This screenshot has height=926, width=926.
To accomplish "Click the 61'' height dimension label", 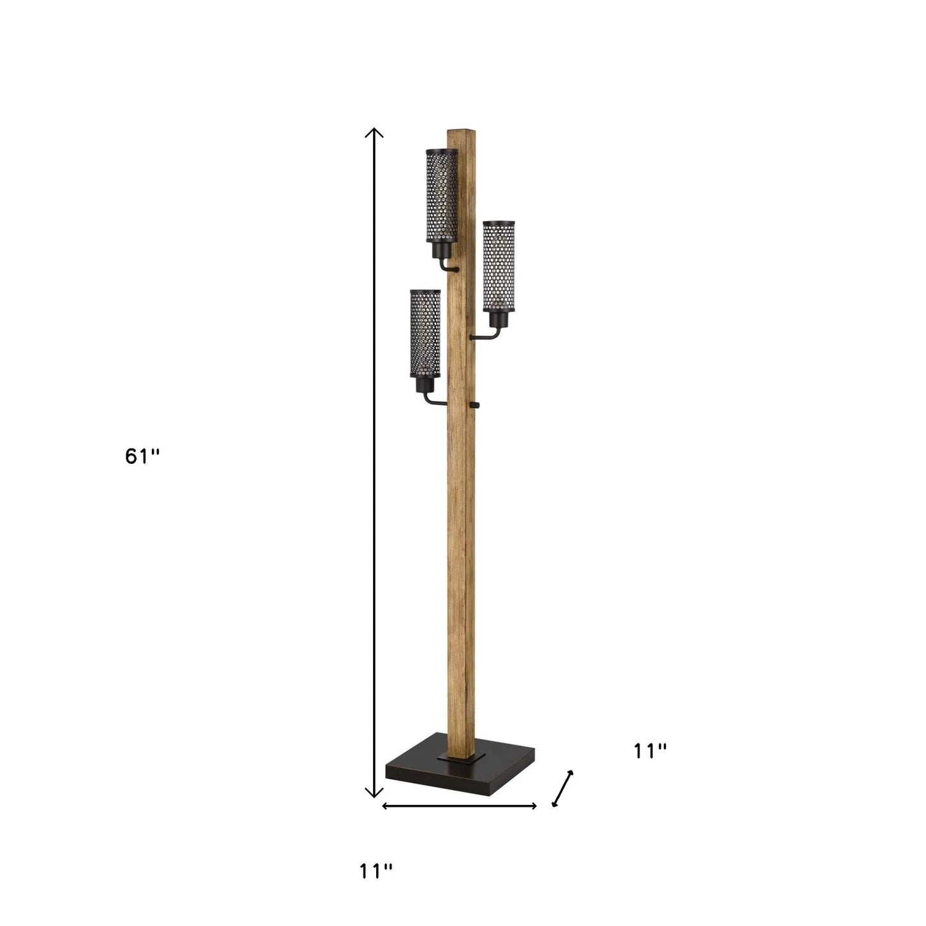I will (x=142, y=456).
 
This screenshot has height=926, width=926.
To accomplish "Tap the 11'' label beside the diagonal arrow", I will (x=650, y=751).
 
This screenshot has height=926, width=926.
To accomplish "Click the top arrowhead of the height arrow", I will (x=374, y=133).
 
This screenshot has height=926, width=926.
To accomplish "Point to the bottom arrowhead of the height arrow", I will (x=374, y=793).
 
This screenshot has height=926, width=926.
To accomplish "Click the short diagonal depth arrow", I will (x=562, y=788).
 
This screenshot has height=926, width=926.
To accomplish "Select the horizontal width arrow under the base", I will (x=459, y=806).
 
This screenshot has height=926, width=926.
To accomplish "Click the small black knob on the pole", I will (x=475, y=404).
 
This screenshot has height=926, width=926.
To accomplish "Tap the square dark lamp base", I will (x=460, y=772).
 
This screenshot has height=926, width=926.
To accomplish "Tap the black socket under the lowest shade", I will (x=423, y=385).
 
